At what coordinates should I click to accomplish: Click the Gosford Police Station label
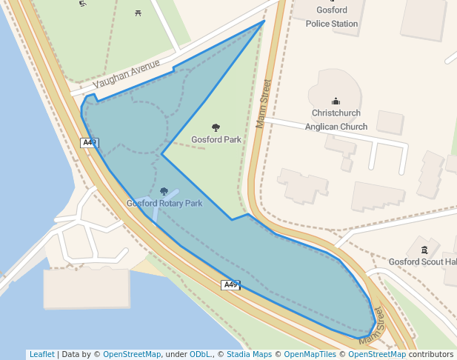point(332,17)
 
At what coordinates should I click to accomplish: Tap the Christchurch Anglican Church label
point(336,120)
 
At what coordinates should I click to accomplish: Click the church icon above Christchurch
point(336,101)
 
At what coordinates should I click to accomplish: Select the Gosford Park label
point(216,139)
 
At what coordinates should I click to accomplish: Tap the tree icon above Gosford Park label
point(216,127)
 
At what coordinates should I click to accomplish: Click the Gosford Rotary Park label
point(164,203)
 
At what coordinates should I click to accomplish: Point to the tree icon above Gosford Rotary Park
point(164,191)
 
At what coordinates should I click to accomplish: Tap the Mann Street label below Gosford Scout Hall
point(373,327)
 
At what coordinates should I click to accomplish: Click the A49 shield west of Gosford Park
point(89,142)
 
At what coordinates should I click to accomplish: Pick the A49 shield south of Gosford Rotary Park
point(230,285)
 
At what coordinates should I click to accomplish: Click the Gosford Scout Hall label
point(423,262)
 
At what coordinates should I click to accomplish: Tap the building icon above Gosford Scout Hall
point(424,250)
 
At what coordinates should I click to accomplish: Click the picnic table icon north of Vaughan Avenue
point(139,12)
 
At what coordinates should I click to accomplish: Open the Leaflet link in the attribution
point(41,354)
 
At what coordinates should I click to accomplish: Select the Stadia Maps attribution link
point(249,354)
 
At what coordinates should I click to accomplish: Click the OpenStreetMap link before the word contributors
point(377,354)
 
